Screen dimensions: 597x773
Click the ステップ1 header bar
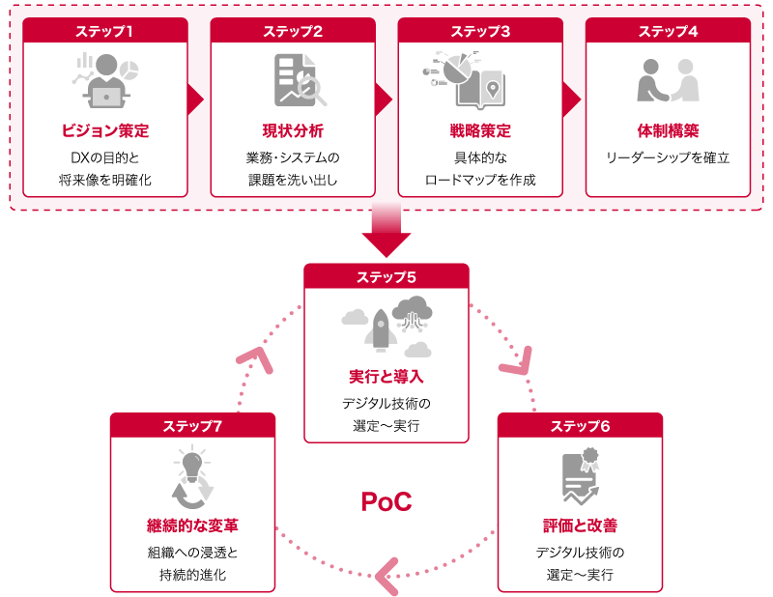click(x=105, y=31)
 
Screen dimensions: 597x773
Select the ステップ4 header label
click(x=668, y=31)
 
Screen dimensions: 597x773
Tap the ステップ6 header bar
click(x=580, y=426)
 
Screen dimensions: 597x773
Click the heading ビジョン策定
click(x=105, y=130)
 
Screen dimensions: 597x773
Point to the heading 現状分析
click(x=293, y=130)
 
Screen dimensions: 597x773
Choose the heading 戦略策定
click(x=480, y=130)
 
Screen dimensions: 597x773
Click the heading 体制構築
click(x=668, y=130)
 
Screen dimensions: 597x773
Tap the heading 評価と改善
click(x=580, y=526)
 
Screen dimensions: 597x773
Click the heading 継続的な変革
click(x=192, y=526)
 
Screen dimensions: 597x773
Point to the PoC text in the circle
click(x=386, y=501)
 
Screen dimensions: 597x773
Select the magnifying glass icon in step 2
click(x=313, y=90)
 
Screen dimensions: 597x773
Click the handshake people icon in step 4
click(x=668, y=81)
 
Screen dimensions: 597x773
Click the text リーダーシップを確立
click(x=668, y=157)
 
